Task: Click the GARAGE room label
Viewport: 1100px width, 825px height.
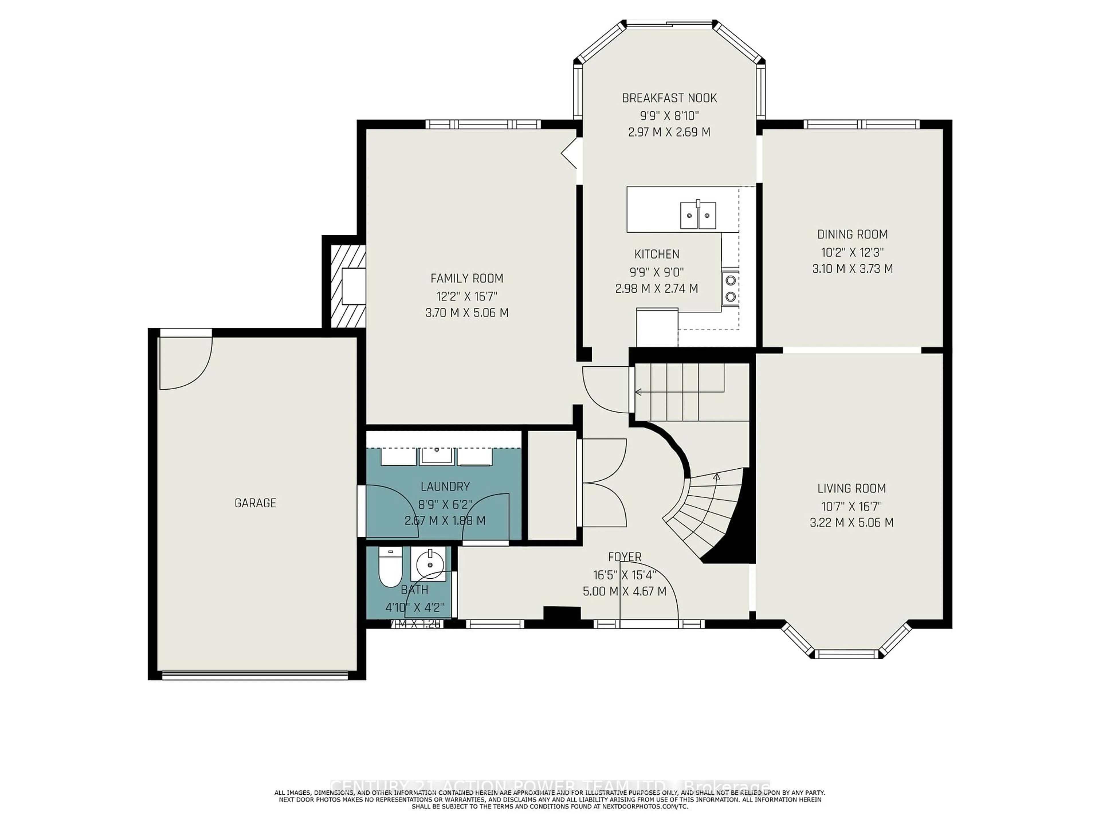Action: (255, 503)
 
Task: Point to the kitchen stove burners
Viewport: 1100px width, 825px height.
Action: (730, 288)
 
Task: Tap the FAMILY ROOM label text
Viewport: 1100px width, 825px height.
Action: (466, 278)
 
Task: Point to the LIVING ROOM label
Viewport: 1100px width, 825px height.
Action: (851, 488)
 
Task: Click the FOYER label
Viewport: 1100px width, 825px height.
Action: (624, 557)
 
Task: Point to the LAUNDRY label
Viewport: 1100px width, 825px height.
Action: (445, 486)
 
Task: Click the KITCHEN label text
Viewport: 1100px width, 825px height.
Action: (657, 254)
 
